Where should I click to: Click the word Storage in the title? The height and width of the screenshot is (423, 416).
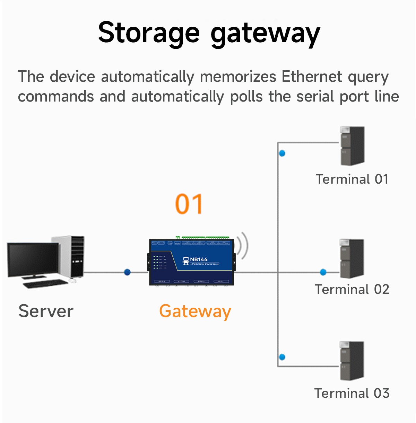149,33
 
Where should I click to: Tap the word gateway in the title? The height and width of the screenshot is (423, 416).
265,34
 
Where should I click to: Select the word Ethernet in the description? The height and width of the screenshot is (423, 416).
312,77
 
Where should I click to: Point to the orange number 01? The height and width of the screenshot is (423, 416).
189,204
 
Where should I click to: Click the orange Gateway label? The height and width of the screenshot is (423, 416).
195,311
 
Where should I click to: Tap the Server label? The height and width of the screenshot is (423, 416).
46,311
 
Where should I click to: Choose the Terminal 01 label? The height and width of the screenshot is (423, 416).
352,179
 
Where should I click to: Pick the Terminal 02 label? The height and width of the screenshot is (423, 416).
352,289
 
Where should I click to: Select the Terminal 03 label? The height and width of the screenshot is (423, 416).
352,393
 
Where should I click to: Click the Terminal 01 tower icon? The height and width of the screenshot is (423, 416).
352,146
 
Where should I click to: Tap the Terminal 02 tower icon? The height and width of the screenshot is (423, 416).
352,258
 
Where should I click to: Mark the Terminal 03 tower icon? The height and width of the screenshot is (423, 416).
352,361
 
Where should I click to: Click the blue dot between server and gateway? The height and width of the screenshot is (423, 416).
127,272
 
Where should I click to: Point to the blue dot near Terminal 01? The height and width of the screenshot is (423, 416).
282,153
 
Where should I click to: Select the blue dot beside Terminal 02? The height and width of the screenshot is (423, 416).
323,272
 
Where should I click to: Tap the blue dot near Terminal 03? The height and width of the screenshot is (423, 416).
282,357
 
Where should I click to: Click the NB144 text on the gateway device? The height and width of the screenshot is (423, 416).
199,259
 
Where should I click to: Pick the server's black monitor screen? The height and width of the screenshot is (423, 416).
33,259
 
